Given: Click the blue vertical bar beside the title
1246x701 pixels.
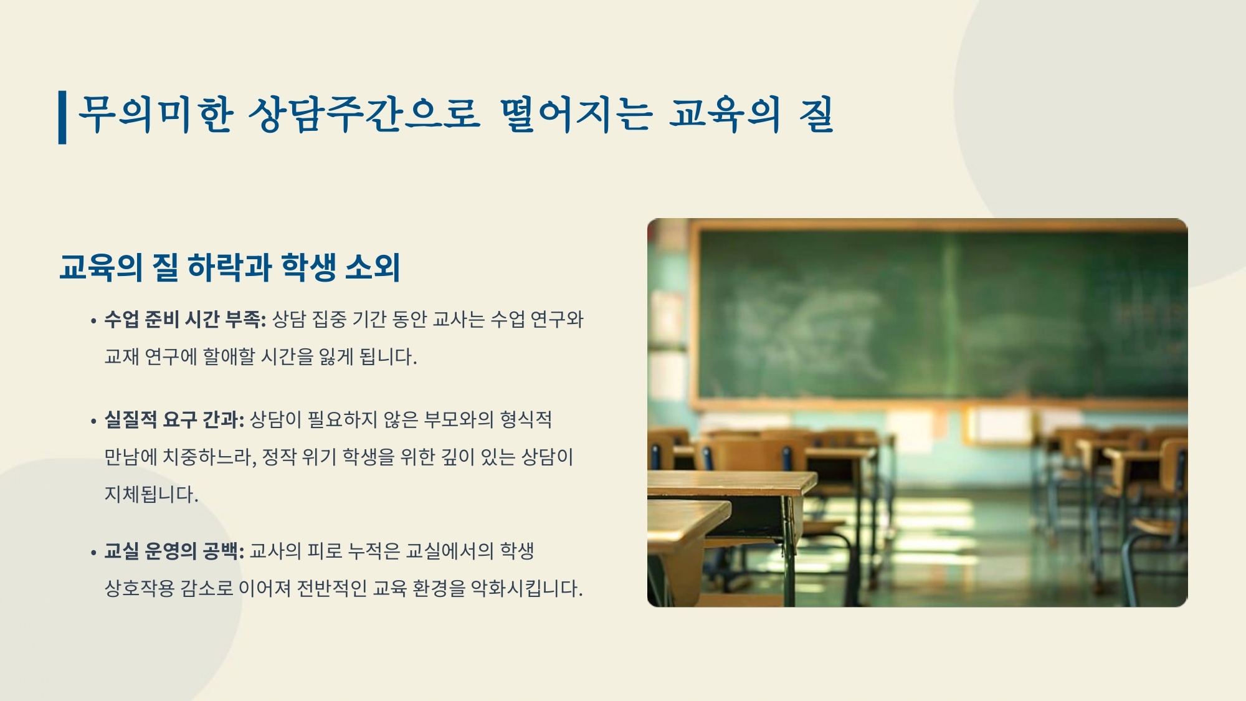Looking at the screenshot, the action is tap(62, 117).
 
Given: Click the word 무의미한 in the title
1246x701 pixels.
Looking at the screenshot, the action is tap(156, 115).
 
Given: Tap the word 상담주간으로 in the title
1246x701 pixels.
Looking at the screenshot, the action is tap(364, 115).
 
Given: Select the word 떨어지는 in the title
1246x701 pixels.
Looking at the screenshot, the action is tap(576, 115).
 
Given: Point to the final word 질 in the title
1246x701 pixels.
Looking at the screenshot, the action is tap(816, 115).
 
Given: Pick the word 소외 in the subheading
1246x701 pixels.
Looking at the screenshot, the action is tap(372, 267).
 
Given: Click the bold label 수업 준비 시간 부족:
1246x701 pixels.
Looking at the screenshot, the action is tap(185, 320).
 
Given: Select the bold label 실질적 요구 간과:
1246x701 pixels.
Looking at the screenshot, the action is tap(174, 420).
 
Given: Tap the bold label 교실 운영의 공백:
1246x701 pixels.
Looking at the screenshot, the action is tap(174, 551).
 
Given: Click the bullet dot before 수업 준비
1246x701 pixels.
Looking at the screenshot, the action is tap(93, 322).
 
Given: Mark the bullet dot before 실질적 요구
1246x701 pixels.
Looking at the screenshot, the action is tap(93, 422).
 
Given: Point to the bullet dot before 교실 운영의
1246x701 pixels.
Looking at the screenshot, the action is tap(93, 553).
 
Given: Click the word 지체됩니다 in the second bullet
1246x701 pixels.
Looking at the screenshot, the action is tap(151, 495).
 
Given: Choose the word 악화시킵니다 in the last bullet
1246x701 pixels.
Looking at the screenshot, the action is tap(526, 589).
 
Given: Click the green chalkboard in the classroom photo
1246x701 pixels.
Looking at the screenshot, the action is tap(941, 315).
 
